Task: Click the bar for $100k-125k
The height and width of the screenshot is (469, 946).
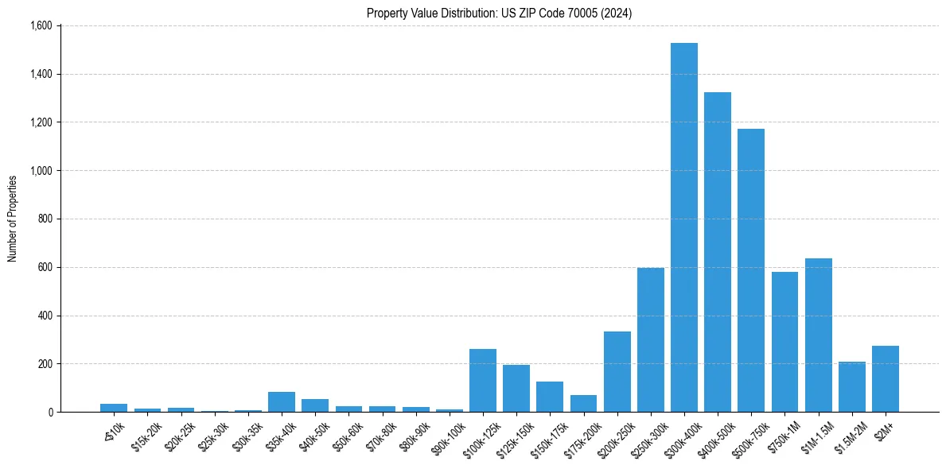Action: point(482,381)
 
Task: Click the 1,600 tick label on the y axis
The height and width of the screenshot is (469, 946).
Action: point(41,25)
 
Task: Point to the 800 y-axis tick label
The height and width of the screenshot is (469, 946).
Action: point(45,219)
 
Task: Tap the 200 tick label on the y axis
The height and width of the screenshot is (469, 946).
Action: point(45,364)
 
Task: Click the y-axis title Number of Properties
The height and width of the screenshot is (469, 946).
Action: point(13,219)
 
